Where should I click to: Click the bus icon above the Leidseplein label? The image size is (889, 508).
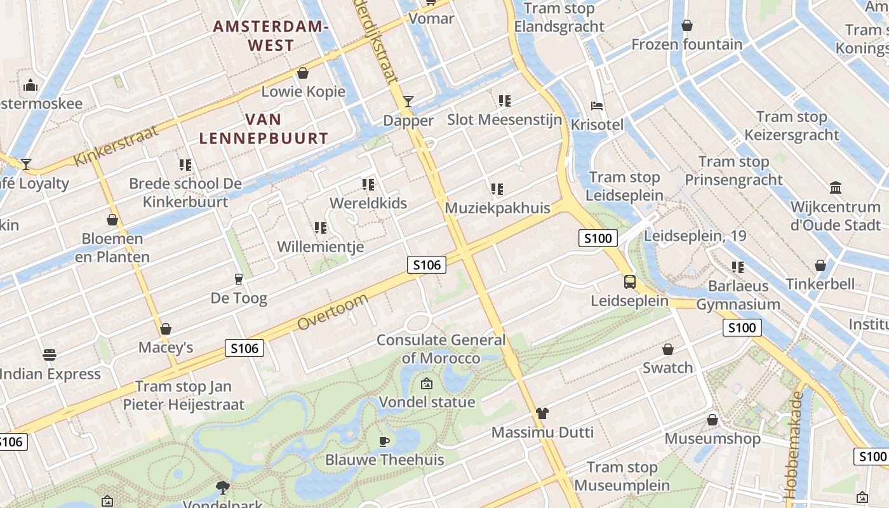click(x=630, y=281)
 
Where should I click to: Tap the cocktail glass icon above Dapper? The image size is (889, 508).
click(x=408, y=102)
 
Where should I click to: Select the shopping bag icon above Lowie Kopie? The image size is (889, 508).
click(x=303, y=73)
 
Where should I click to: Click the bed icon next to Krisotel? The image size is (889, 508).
click(x=597, y=105)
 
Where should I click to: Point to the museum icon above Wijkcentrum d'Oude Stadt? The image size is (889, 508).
click(x=836, y=188)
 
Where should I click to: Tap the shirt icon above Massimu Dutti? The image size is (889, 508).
click(x=542, y=413)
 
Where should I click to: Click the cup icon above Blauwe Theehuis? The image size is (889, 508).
click(x=384, y=441)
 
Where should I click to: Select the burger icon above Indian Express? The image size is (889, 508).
click(x=50, y=354)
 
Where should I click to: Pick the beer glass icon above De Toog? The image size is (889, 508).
click(x=239, y=279)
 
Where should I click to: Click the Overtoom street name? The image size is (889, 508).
click(x=332, y=312)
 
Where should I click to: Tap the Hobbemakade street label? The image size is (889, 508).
click(x=794, y=444)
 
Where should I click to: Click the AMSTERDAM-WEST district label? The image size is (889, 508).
click(x=271, y=36)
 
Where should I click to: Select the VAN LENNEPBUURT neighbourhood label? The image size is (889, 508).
click(x=264, y=128)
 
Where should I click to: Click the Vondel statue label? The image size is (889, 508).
click(x=427, y=402)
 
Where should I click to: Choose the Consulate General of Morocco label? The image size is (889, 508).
click(x=441, y=349)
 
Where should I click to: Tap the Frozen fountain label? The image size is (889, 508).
click(x=686, y=44)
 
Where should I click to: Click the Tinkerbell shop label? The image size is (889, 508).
click(x=820, y=284)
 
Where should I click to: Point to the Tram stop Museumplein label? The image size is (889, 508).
click(x=622, y=476)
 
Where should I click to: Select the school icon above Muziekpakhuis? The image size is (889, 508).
click(x=497, y=189)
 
